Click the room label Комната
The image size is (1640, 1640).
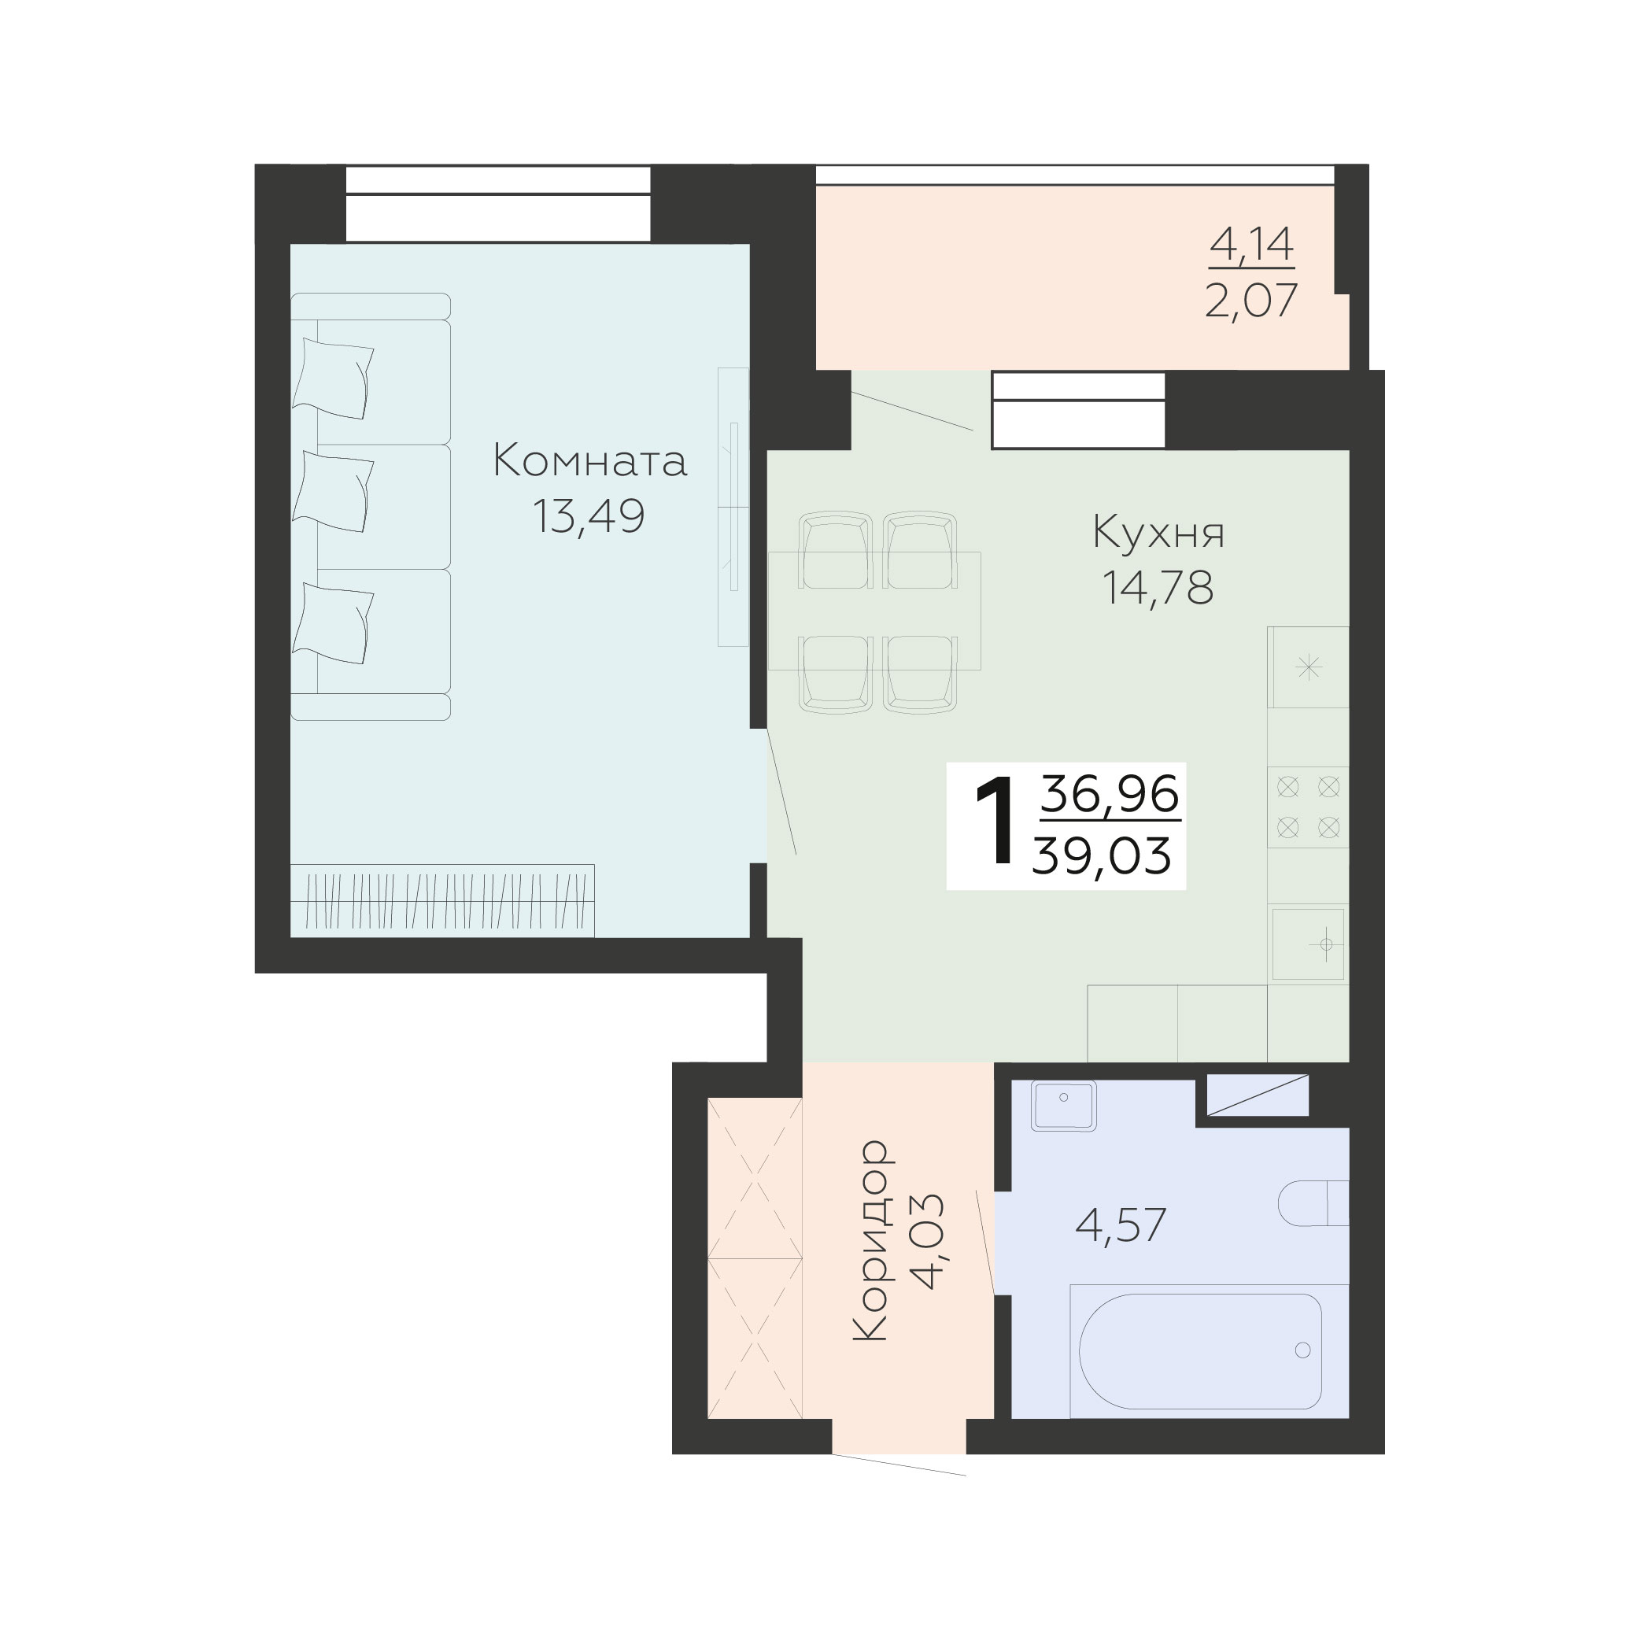pos(590,462)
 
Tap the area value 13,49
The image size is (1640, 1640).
pos(589,516)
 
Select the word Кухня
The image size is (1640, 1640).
pos(1158,533)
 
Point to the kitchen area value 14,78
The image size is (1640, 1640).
pos(1158,587)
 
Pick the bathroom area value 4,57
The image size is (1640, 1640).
pos(1121,1225)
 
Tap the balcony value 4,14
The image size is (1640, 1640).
pos(1251,245)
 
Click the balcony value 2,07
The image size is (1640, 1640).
pos(1251,301)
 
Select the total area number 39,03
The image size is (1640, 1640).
pos(1102,855)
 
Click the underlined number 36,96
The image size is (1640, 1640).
pos(1110,795)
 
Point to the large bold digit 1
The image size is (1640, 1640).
pos(995,822)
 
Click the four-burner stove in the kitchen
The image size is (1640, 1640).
pos(1308,807)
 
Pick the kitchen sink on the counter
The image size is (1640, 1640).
pos(1308,943)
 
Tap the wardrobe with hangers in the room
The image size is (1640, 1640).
pos(442,900)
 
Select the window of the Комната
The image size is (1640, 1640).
pos(497,204)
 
